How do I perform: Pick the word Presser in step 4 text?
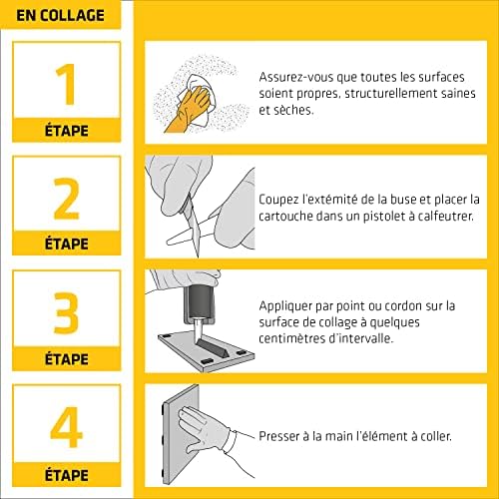(x=282, y=436)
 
